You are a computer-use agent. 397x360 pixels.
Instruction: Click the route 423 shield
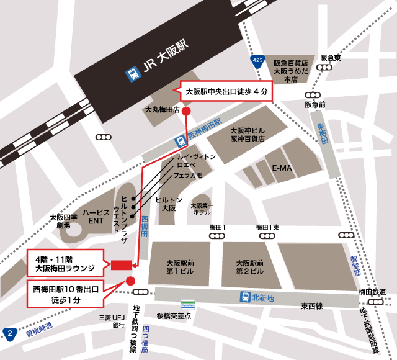tap(259, 61)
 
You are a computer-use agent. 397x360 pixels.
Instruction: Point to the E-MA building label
tap(282, 168)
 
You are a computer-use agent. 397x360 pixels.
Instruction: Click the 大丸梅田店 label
tap(161, 109)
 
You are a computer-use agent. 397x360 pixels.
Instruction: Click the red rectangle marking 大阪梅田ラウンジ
tap(121, 265)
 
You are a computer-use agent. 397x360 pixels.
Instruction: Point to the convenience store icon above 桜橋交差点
tap(187, 305)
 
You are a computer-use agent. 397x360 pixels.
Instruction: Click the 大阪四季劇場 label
tap(65, 221)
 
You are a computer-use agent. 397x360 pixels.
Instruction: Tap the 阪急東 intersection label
tap(331, 58)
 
